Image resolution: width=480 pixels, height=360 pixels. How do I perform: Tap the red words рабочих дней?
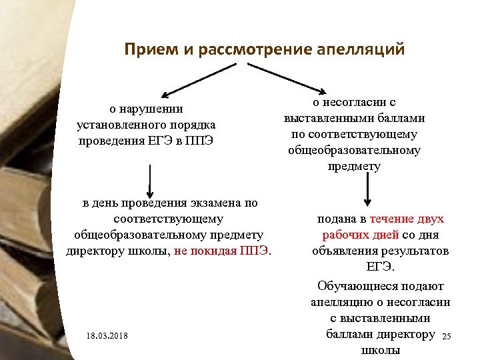360,235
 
